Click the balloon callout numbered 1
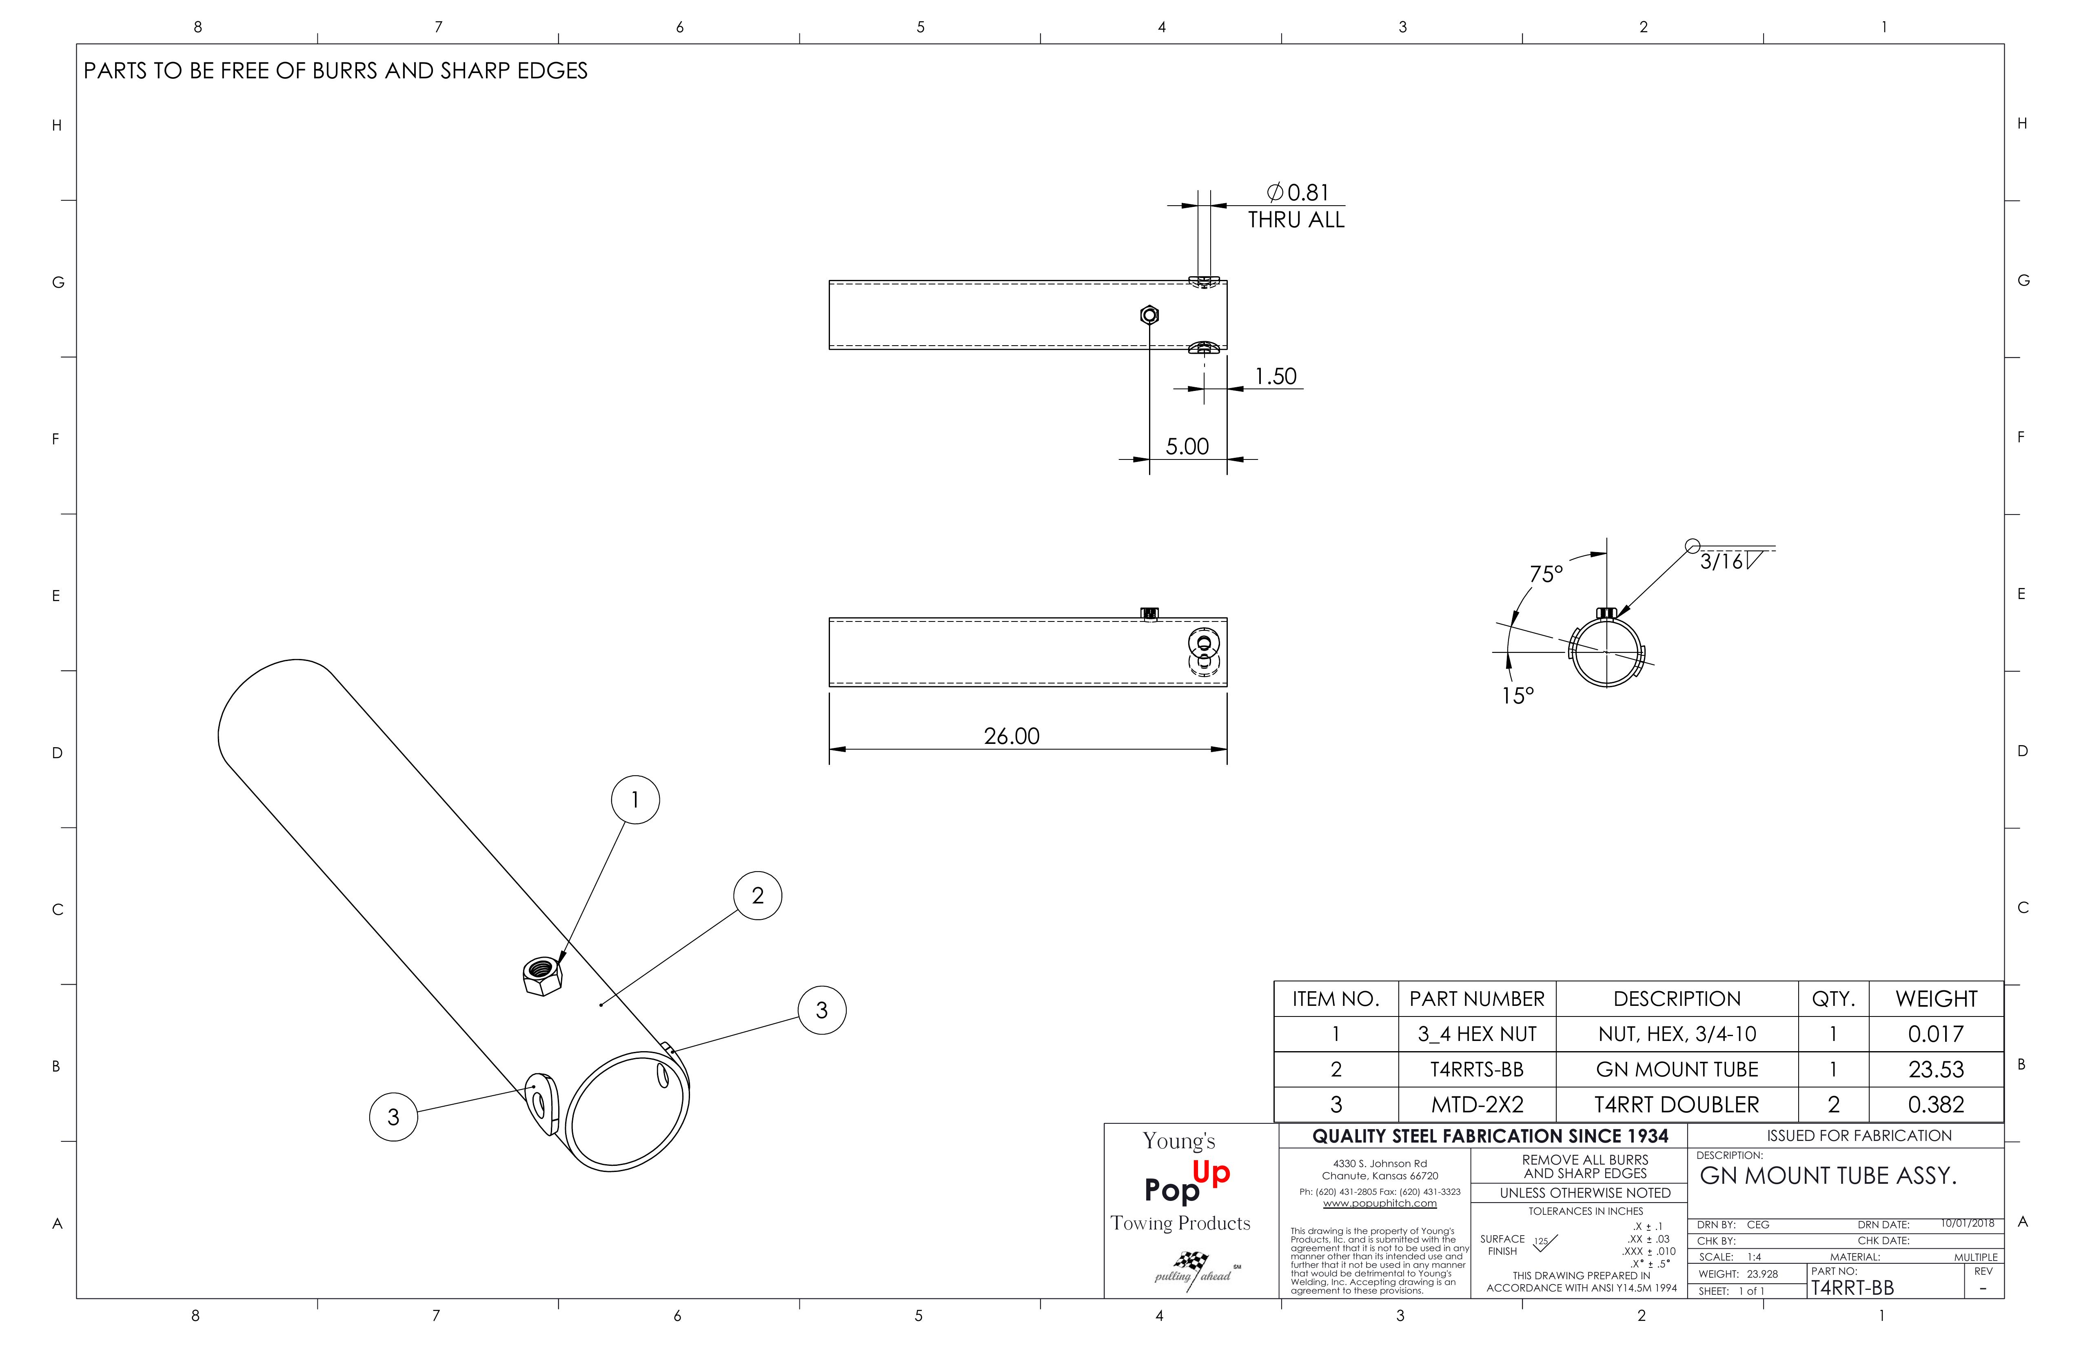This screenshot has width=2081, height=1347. pyautogui.click(x=635, y=799)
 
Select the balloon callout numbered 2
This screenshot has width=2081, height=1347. pyautogui.click(x=757, y=896)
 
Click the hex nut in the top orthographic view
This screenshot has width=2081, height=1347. pyautogui.click(x=1150, y=315)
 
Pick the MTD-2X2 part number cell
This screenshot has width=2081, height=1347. pyautogui.click(x=1477, y=1105)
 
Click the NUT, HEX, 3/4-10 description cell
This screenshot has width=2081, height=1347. pyautogui.click(x=1676, y=1034)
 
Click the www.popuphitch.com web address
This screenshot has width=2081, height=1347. pyautogui.click(x=1380, y=1203)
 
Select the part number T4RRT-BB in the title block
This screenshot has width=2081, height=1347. pyautogui.click(x=1852, y=1287)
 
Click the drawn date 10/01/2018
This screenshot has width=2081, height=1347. pyautogui.click(x=1967, y=1224)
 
